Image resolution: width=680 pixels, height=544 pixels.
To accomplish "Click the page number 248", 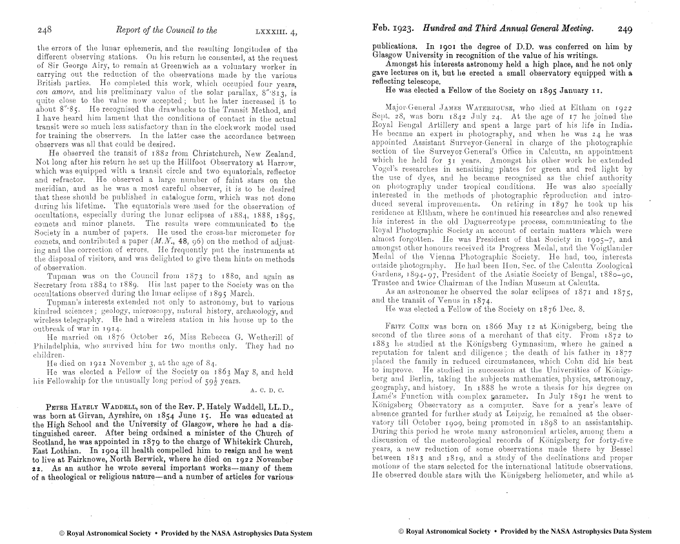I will click(x=45, y=30).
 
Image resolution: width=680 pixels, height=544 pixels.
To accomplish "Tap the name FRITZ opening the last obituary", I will click(x=395, y=327).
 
